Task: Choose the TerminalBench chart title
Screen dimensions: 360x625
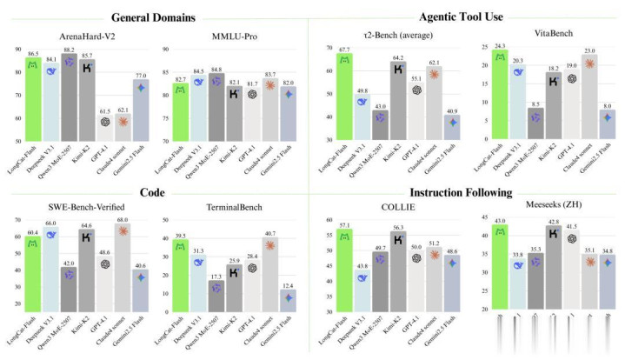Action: [229, 209]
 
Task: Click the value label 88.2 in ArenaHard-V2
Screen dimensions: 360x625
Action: [70, 50]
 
